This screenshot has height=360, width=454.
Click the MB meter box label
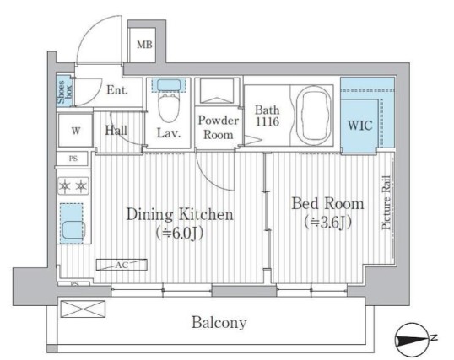(144, 45)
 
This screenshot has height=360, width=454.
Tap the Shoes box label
(64, 92)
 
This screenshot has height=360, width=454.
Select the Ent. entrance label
(117, 90)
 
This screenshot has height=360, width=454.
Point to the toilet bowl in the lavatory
(169, 107)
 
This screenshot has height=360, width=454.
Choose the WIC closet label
(359, 126)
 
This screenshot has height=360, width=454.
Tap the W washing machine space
(76, 131)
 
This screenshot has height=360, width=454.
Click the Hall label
(116, 131)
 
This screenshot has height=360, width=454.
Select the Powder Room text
(219, 127)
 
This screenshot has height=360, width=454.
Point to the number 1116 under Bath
(268, 121)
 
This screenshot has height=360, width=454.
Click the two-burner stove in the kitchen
(73, 185)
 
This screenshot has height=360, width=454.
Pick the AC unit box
(122, 265)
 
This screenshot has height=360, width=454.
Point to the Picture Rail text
(386, 202)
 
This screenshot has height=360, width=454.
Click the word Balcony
(219, 322)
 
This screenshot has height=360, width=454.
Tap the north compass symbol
(412, 340)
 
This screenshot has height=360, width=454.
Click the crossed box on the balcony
(83, 309)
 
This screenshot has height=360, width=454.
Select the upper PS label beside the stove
(73, 159)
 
